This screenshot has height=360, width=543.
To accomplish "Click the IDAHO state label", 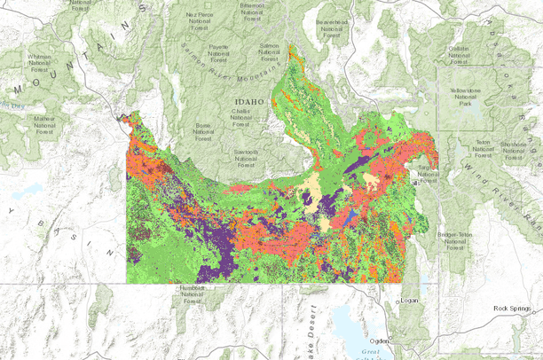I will tap(250, 102).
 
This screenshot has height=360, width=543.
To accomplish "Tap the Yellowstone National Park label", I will tap(463, 96).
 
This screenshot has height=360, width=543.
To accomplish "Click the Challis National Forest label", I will tap(242, 118).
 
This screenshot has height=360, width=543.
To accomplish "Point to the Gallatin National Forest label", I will tap(459, 54).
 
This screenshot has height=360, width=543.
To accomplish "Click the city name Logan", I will tap(409, 300).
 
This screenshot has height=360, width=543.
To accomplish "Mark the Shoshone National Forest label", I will tap(515, 151).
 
